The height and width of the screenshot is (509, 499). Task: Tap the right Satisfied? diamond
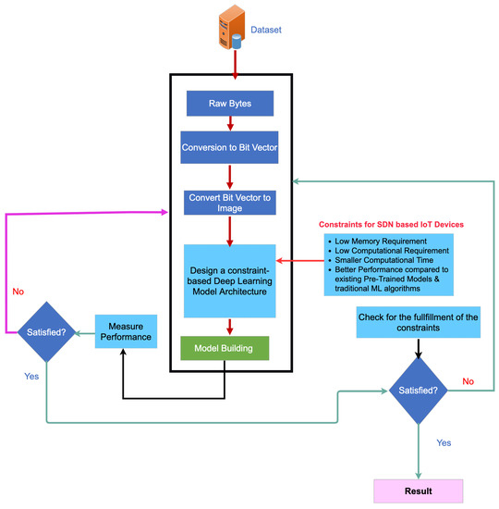tap(418, 390)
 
